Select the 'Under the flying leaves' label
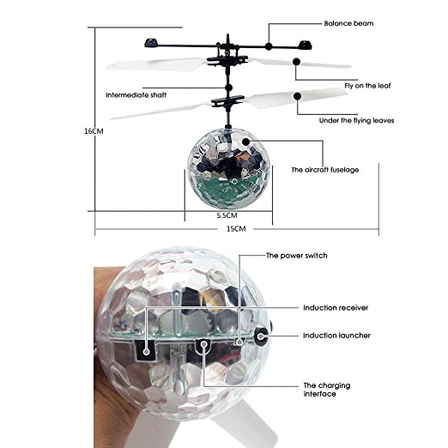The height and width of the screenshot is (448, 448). coord(358,120)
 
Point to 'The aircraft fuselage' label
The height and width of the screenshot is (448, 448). coord(324,170)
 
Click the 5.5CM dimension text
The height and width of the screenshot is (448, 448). coord(227,215)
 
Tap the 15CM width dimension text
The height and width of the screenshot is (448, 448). coord(236,229)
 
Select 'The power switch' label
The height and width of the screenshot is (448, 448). coord(296,255)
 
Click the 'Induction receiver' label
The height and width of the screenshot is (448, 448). coord(330,307)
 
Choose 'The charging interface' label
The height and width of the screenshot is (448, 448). coord(325,390)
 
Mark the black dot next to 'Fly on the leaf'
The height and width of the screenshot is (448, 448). coord(296,61)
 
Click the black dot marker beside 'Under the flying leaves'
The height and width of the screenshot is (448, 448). coord(297,96)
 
